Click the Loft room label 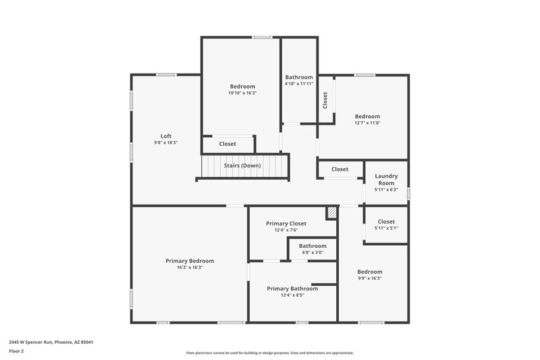pos(165,136)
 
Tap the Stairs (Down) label pos(242,165)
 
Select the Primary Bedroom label pos(190,261)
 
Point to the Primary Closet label pos(286,224)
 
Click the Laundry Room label pos(386,179)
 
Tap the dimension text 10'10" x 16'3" pos(242,93)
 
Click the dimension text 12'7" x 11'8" pos(367,123)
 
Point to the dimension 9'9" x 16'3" pos(369,278)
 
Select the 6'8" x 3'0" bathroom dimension pos(313,253)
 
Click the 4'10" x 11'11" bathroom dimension pos(298,84)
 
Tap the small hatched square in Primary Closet pos(331,213)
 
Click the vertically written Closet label pos(325,101)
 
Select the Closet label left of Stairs pos(227,144)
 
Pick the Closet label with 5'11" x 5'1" pos(386,222)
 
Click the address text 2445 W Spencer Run pos(51,342)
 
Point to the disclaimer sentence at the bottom pos(269,353)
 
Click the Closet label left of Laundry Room pos(340,170)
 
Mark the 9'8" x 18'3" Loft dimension pos(165,143)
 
